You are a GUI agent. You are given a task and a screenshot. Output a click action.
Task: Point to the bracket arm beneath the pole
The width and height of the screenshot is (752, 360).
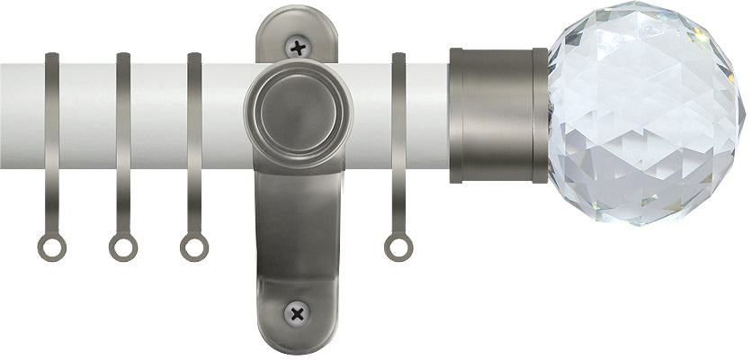(296, 225)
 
